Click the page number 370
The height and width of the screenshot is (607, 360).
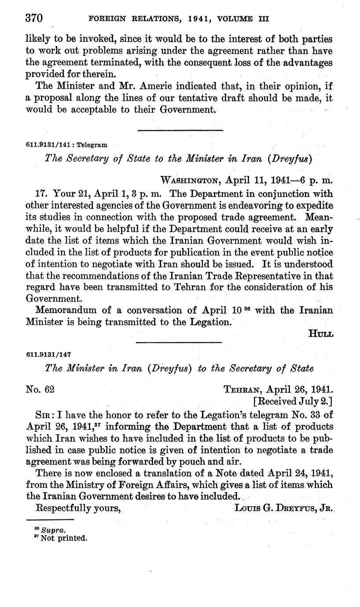pos(33,18)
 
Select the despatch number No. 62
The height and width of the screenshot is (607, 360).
pos(40,389)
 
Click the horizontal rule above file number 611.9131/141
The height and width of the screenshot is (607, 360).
pos(180,130)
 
